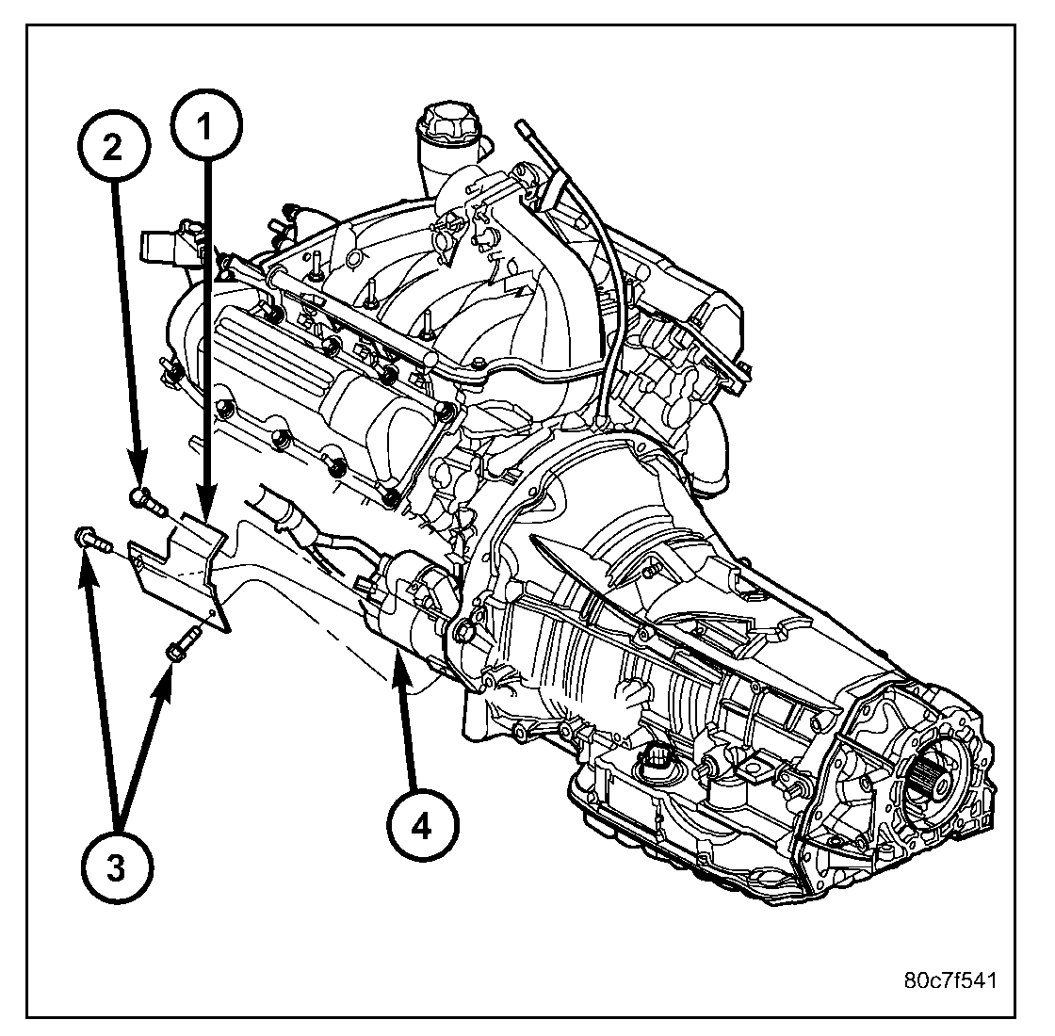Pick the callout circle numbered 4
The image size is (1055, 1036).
[x=421, y=826]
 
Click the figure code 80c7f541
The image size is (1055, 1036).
[x=947, y=979]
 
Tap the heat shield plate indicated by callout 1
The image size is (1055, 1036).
[x=179, y=570]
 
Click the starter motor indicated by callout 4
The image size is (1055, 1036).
[x=405, y=603]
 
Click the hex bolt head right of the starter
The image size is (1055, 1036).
[x=463, y=628]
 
